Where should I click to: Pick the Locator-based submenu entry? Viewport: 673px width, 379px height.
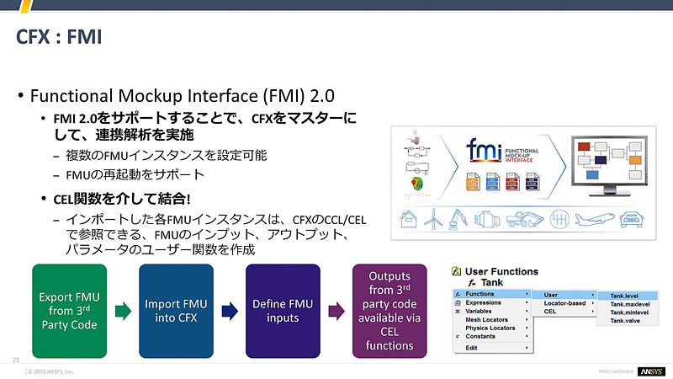[x=565, y=302]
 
